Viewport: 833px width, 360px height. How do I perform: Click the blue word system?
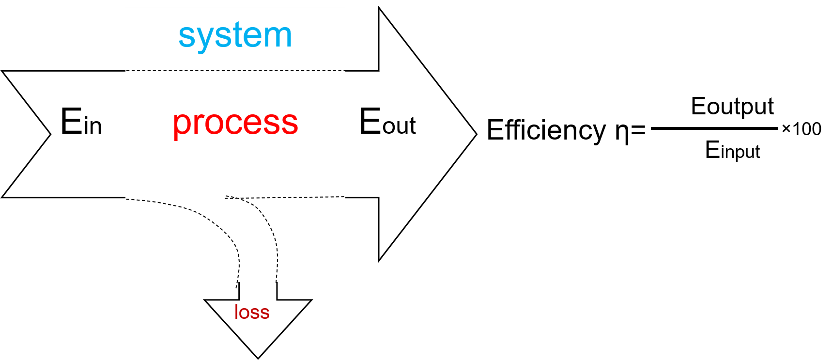tap(235, 36)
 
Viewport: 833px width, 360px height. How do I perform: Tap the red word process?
tap(235, 123)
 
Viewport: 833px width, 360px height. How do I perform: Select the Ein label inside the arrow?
tap(81, 121)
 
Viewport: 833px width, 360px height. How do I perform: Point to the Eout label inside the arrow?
tap(387, 121)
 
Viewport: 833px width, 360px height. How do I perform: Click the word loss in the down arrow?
tap(252, 312)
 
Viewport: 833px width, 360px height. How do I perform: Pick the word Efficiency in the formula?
tap(546, 130)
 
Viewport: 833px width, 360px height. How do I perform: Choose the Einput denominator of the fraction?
tap(732, 150)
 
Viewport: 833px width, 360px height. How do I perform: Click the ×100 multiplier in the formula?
tap(802, 129)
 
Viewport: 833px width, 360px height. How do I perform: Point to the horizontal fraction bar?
tap(714, 128)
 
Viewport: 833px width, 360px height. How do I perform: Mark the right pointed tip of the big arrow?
tap(477, 134)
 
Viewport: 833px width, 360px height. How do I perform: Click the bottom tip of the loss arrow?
tap(258, 359)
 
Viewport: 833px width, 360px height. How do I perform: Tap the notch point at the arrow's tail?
tap(50, 134)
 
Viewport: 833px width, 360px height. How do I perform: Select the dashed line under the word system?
tap(235, 71)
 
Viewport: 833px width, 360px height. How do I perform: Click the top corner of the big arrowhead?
tap(379, 8)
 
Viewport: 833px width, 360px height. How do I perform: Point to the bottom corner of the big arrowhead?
tap(379, 261)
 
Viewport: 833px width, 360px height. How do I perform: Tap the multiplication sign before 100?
tap(786, 129)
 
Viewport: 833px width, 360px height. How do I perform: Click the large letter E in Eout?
tap(370, 121)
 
